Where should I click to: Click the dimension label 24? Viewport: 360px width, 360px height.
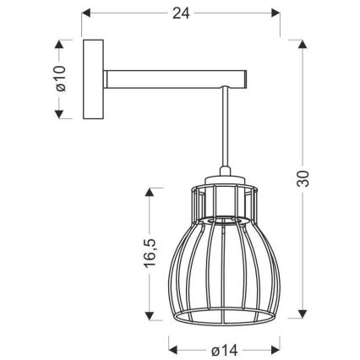[x=181, y=14]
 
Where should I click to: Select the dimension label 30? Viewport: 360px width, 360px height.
[x=303, y=178]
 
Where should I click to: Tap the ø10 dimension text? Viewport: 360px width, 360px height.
[x=60, y=79]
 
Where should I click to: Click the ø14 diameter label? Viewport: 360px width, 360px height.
[x=225, y=351]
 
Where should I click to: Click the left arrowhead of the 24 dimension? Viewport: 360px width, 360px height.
[x=85, y=13]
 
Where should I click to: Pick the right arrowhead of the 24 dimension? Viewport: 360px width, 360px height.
[x=275, y=13]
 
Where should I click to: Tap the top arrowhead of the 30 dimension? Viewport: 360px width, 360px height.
[x=303, y=44]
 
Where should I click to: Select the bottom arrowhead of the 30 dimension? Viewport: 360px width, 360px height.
[x=303, y=314]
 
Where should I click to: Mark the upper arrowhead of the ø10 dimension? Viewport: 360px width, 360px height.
[x=59, y=44]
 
